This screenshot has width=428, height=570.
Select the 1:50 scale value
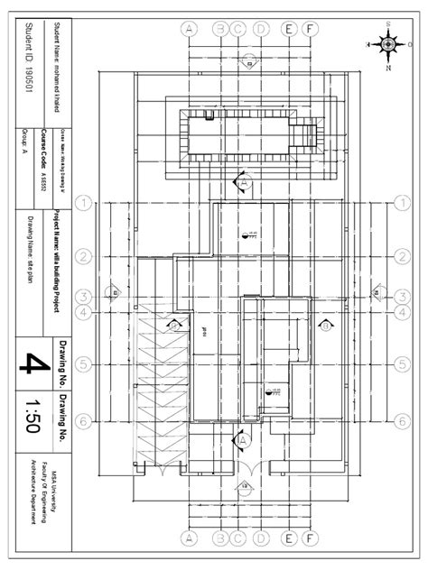click(x=33, y=416)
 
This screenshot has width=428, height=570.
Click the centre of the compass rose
click(x=386, y=42)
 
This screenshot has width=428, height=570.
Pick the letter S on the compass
click(x=387, y=20)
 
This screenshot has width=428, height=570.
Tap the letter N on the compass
click(x=387, y=67)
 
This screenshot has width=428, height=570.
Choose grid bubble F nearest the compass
click(x=310, y=28)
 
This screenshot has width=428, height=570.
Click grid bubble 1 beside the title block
click(x=84, y=204)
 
